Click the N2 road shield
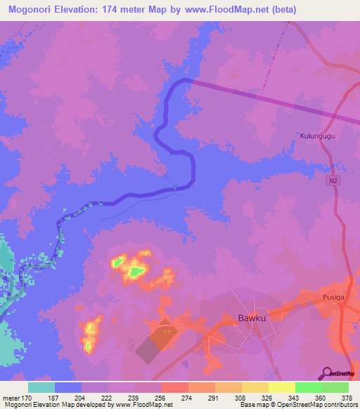(331, 181)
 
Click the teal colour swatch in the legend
(41, 387)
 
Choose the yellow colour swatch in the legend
(281, 387)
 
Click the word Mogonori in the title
(34, 10)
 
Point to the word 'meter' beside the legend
(11, 397)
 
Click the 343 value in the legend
(282, 397)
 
